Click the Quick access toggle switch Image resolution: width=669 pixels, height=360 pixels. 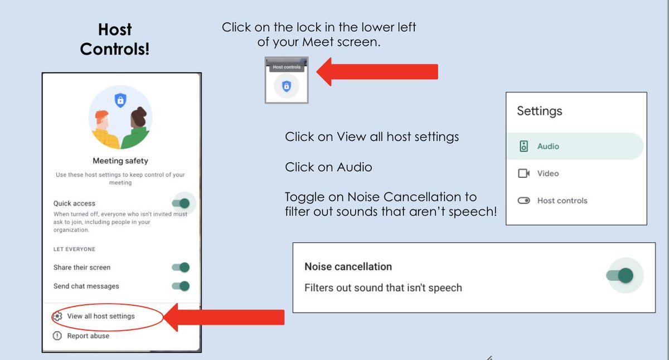tap(181, 203)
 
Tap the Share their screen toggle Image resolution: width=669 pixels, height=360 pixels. tap(181, 267)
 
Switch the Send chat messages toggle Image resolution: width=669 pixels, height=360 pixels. tap(181, 286)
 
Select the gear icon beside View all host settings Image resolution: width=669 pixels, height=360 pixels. tap(57, 317)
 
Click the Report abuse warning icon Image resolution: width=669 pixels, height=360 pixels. tap(57, 336)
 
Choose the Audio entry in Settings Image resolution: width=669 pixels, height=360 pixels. tap(547, 147)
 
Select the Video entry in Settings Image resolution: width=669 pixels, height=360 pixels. tap(547, 174)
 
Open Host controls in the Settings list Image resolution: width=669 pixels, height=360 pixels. tap(561, 201)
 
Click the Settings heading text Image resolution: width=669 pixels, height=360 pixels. tap(540, 111)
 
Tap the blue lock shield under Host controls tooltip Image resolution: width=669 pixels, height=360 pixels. tap(287, 86)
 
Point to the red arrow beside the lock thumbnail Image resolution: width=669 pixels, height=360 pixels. tap(377, 72)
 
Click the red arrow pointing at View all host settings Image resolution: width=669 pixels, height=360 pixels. tap(225, 317)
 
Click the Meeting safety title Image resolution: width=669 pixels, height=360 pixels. tap(120, 161)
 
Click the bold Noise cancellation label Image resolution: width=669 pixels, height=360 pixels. tap(348, 267)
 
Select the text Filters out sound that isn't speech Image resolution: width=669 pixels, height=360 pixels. tap(383, 288)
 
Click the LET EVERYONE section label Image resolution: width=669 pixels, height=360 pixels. tap(74, 249)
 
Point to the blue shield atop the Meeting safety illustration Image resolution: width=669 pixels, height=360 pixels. tap(120, 100)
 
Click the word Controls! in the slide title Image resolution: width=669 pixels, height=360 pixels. tap(115, 49)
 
